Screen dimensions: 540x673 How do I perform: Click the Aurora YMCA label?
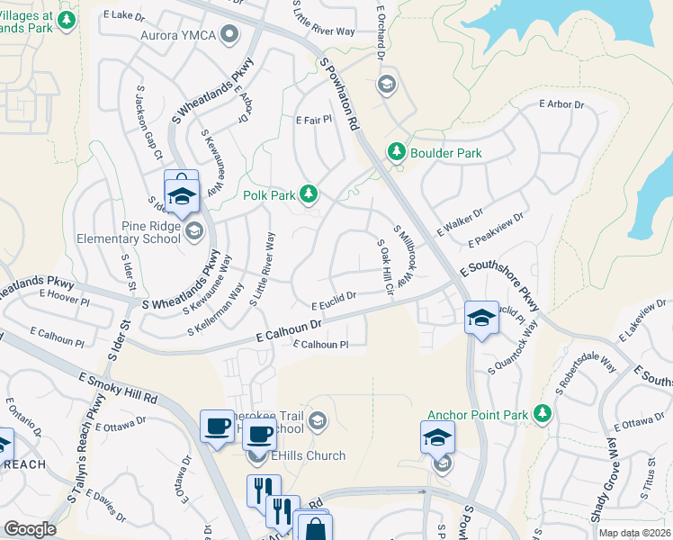pyautogui.click(x=179, y=36)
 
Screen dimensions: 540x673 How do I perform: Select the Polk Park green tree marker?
pyautogui.click(x=309, y=193)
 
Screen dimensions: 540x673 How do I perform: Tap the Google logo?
pyautogui.click(x=30, y=528)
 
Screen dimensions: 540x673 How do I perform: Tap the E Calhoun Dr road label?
pyautogui.click(x=288, y=330)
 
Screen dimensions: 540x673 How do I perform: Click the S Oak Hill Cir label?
pyautogui.click(x=385, y=267)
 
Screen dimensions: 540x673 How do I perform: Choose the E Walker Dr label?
pyautogui.click(x=460, y=220)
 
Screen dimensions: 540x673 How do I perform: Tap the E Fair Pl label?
pyautogui.click(x=313, y=120)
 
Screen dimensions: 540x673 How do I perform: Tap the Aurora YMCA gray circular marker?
pyautogui.click(x=229, y=35)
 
